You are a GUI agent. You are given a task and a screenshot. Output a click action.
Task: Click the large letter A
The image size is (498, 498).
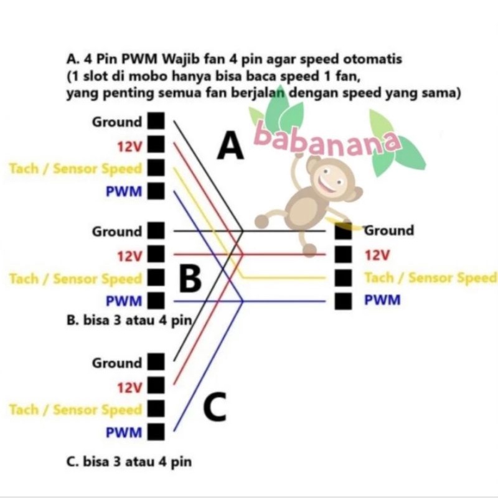[230, 147]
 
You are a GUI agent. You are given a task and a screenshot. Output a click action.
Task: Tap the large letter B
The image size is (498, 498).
[189, 279]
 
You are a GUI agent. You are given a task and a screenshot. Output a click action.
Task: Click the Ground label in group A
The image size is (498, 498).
[117, 122]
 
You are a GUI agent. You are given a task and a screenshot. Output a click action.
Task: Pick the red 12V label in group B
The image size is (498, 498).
[129, 255]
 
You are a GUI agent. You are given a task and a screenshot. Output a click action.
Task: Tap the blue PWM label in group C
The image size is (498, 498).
[123, 432]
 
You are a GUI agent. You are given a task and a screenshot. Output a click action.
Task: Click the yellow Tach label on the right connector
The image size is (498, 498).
[430, 278]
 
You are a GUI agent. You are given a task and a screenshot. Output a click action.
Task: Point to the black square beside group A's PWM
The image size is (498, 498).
[156, 190]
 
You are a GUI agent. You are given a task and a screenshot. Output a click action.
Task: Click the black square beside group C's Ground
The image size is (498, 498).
[156, 362]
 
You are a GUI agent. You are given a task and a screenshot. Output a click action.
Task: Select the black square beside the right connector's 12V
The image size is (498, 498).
[342, 255]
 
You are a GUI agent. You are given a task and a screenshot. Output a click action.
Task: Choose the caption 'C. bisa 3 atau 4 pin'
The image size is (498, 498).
[128, 462]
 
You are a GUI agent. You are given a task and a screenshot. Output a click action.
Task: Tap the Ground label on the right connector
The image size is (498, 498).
[388, 231]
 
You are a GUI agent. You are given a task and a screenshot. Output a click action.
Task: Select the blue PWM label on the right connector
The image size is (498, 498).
[383, 301]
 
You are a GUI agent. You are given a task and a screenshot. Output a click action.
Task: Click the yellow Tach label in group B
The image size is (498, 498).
[75, 278]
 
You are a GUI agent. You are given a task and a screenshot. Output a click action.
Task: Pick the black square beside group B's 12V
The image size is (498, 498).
[156, 255]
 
